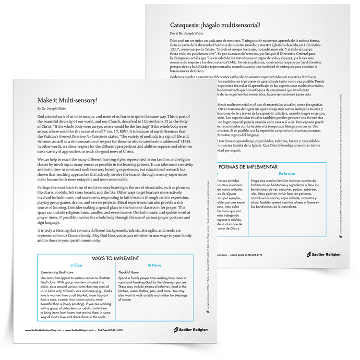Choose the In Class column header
click(77, 264)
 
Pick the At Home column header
click(154, 264)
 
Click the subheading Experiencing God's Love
click(59, 272)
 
